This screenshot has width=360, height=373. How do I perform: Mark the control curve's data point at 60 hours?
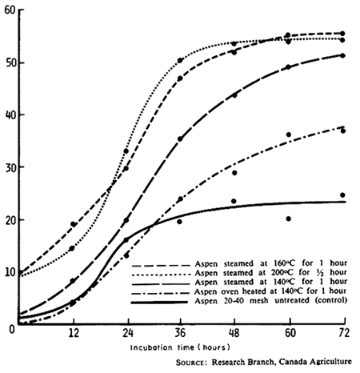(288, 219)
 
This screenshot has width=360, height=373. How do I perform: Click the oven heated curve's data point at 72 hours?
(342, 130)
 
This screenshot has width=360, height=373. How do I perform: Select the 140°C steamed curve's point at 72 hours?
(342, 55)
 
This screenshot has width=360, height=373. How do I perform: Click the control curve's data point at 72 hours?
(342, 195)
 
